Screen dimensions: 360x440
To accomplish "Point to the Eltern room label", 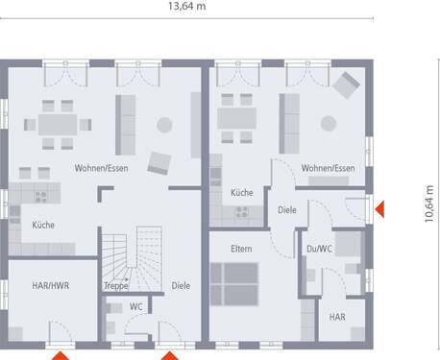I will point(241,249).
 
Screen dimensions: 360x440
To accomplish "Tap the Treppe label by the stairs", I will point(116,285).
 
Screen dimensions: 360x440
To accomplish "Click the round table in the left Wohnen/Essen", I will point(164,123).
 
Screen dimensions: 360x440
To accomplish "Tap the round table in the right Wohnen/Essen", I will point(330,123).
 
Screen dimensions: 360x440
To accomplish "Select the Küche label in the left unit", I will point(43,225).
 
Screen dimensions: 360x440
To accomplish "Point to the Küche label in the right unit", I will point(241,192).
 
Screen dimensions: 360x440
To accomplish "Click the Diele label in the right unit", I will point(287,208).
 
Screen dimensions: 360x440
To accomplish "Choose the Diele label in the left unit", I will point(181,285).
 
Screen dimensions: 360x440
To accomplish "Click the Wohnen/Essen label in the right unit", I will point(328,168).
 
